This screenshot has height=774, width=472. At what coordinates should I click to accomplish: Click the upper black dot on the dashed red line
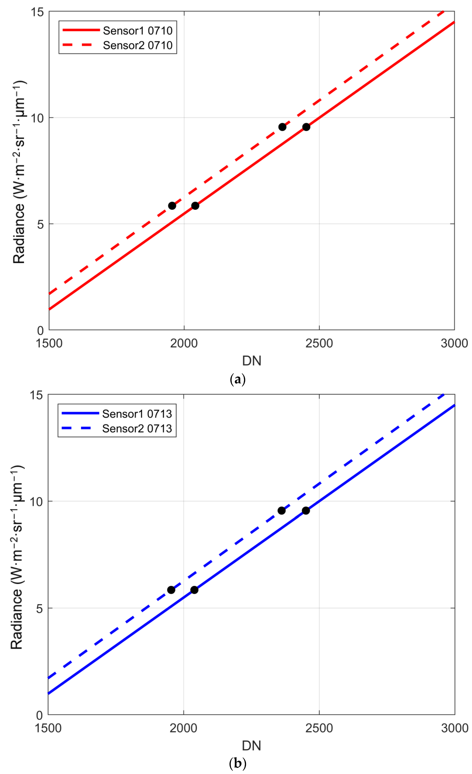[282, 127]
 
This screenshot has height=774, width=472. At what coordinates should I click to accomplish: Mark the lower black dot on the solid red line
[195, 206]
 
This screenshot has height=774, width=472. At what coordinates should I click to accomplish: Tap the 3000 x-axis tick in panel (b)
[454, 728]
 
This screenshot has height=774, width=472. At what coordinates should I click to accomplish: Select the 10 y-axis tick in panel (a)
[37, 118]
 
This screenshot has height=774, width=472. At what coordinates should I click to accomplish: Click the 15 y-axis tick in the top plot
[37, 12]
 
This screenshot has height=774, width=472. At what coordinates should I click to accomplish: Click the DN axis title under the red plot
[251, 361]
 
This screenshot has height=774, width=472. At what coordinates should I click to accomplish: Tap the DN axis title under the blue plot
[251, 745]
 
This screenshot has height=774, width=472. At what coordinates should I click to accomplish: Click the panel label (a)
[238, 379]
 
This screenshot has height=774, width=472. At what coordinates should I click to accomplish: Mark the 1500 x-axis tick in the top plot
[49, 343]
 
